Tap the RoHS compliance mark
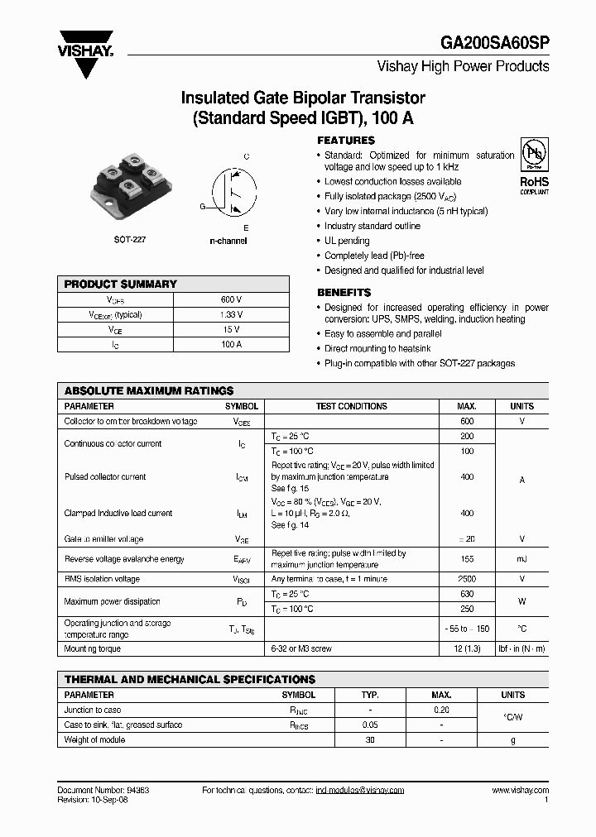[533, 171]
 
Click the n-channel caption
[228, 241]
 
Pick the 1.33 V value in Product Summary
[232, 314]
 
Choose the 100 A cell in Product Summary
[232, 344]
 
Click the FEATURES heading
[346, 141]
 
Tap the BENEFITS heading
[344, 293]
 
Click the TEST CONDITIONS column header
[352, 406]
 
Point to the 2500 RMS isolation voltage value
[467, 579]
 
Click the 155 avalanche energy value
[467, 559]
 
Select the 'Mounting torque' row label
[93, 649]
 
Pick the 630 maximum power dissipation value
[467, 594]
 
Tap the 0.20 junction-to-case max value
[441, 710]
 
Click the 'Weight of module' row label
[94, 739]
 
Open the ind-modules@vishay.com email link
[360, 790]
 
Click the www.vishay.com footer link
[520, 790]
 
